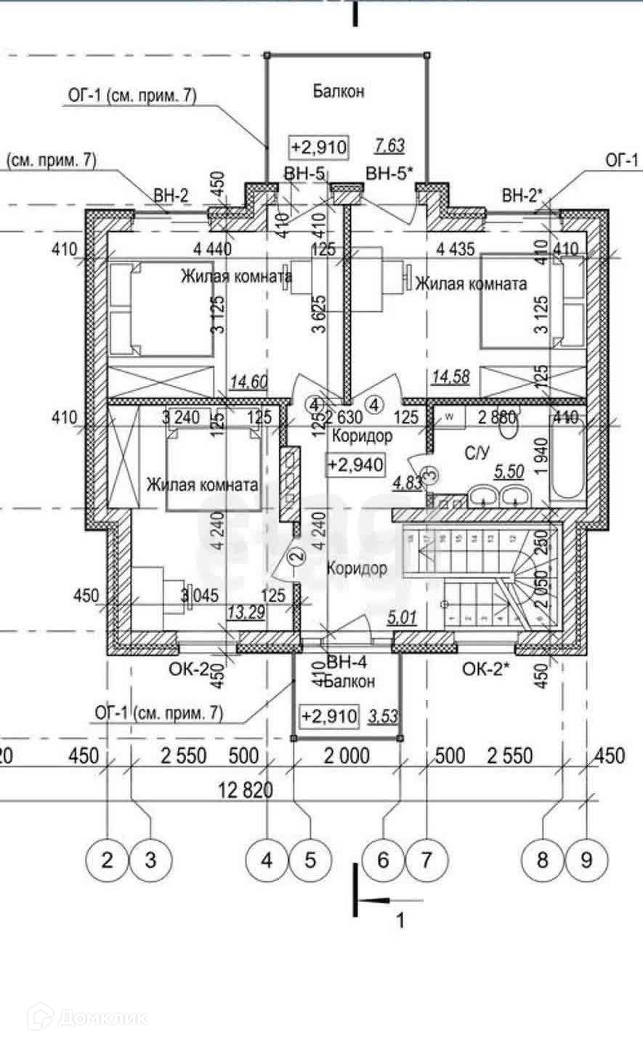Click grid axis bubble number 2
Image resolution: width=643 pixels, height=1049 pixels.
coord(108,861)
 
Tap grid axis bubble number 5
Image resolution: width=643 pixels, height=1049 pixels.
coord(310,861)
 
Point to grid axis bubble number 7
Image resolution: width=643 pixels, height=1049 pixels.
coord(426,861)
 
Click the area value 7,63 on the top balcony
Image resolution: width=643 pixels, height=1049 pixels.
coord(389,146)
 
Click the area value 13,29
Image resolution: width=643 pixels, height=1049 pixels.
coord(246,612)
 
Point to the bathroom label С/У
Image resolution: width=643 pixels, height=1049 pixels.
coord(477,453)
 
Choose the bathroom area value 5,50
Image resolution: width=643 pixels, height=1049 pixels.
coord(509,473)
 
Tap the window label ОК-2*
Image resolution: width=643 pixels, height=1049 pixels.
coord(488,670)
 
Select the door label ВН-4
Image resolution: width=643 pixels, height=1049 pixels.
coord(347,663)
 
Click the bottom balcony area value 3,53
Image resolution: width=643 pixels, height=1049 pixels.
coord(383,716)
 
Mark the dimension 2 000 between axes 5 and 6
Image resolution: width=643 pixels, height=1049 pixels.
coord(347,756)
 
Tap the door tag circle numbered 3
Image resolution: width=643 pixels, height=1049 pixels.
coord(429,475)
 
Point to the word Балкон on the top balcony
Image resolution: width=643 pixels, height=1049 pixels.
coord(339,91)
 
